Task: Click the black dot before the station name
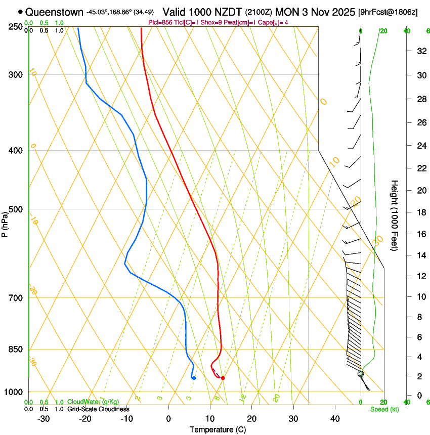click(20, 12)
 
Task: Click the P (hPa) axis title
click(5, 223)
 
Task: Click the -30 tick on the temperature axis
click(44, 419)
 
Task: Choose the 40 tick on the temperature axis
click(335, 419)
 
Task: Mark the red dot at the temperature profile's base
click(223, 378)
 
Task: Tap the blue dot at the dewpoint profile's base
click(194, 378)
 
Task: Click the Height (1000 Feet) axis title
click(395, 215)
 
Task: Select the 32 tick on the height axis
click(420, 51)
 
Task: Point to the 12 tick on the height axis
click(420, 276)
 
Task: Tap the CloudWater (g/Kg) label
click(93, 402)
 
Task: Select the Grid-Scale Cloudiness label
click(98, 409)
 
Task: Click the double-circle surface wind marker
click(361, 374)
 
